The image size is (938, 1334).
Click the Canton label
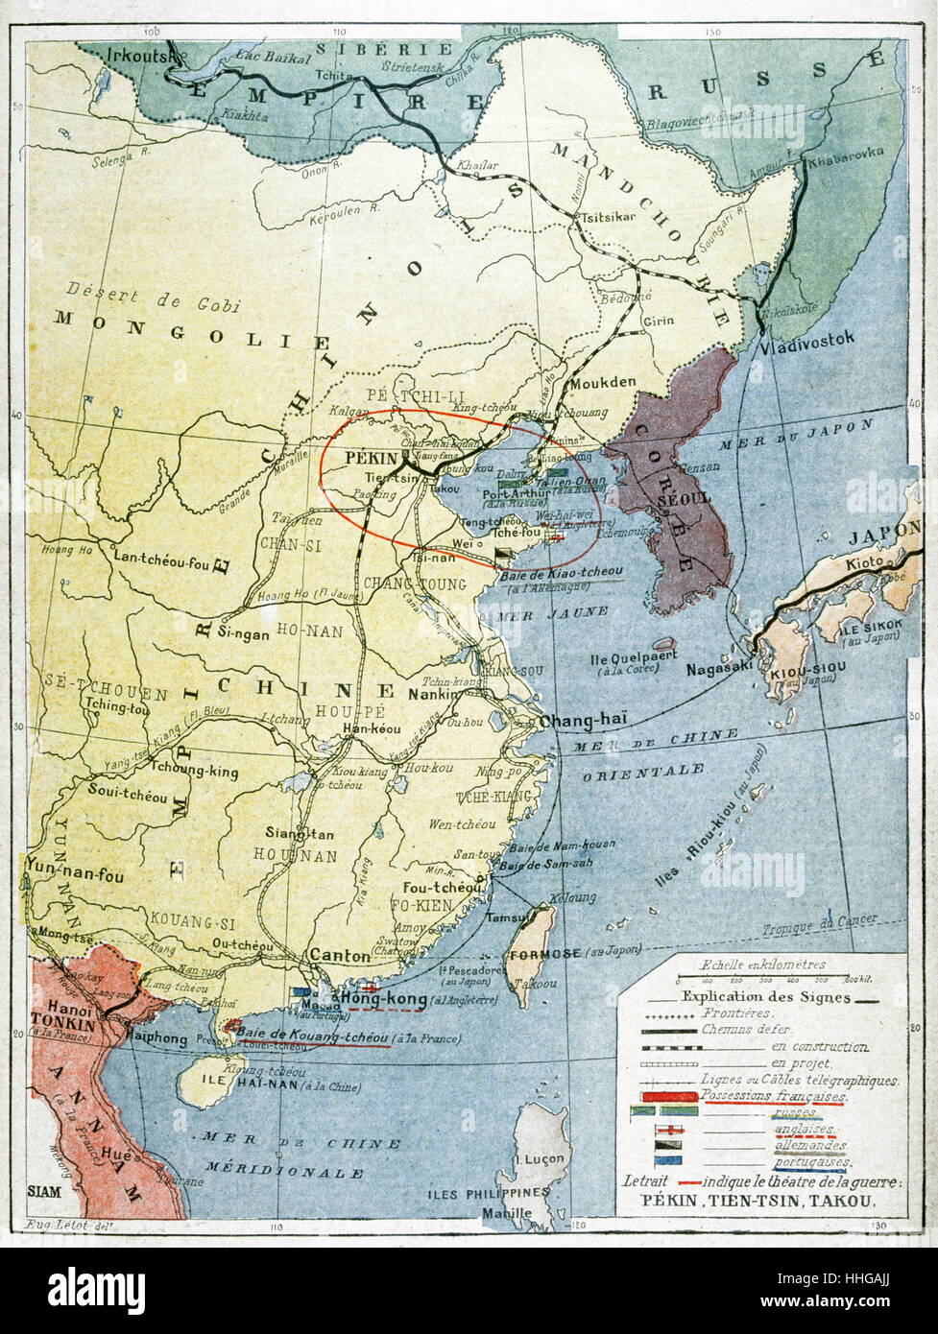(340, 956)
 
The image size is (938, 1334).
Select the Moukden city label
(603, 383)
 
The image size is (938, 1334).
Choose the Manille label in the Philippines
(507, 1213)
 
